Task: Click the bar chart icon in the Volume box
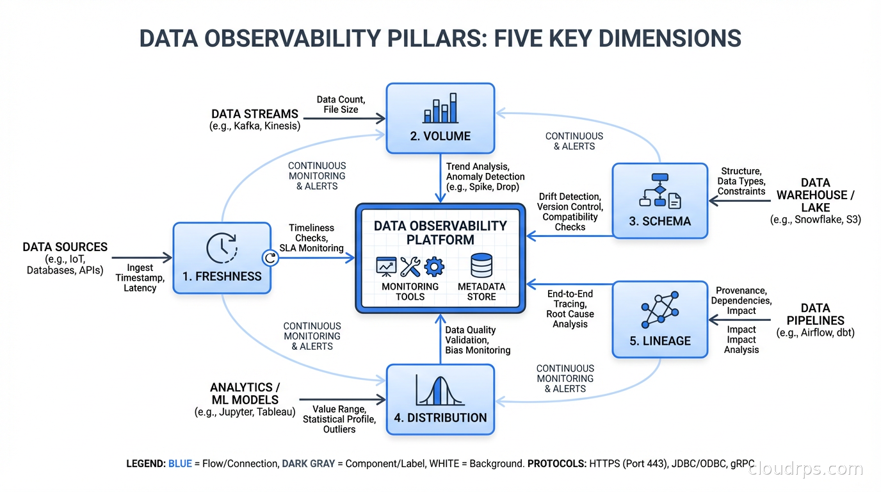point(440,108)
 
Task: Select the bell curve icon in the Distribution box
point(440,390)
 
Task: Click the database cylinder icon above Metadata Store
point(481,266)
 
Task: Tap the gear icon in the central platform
point(435,266)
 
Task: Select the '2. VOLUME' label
point(440,136)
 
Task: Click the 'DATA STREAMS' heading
point(255,114)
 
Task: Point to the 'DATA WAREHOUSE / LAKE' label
point(815,195)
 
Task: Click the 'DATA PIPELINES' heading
point(815,314)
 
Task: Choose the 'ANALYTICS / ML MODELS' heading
point(245,393)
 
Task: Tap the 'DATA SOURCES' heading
point(65,247)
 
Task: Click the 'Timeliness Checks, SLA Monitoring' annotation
point(311,238)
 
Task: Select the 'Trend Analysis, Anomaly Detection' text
point(485,172)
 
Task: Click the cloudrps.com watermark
point(805,469)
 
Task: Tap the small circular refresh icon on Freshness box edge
point(270,258)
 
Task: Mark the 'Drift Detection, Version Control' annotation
point(569,202)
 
